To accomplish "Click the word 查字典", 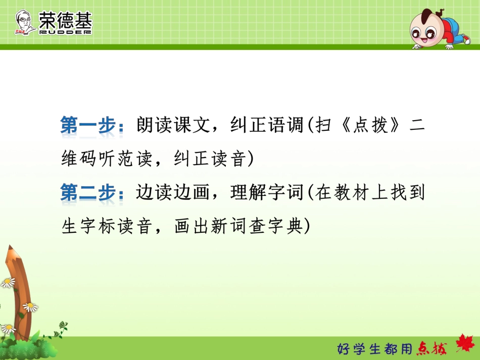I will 276,226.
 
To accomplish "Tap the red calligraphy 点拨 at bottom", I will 432,348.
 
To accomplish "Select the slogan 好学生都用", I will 374,348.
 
